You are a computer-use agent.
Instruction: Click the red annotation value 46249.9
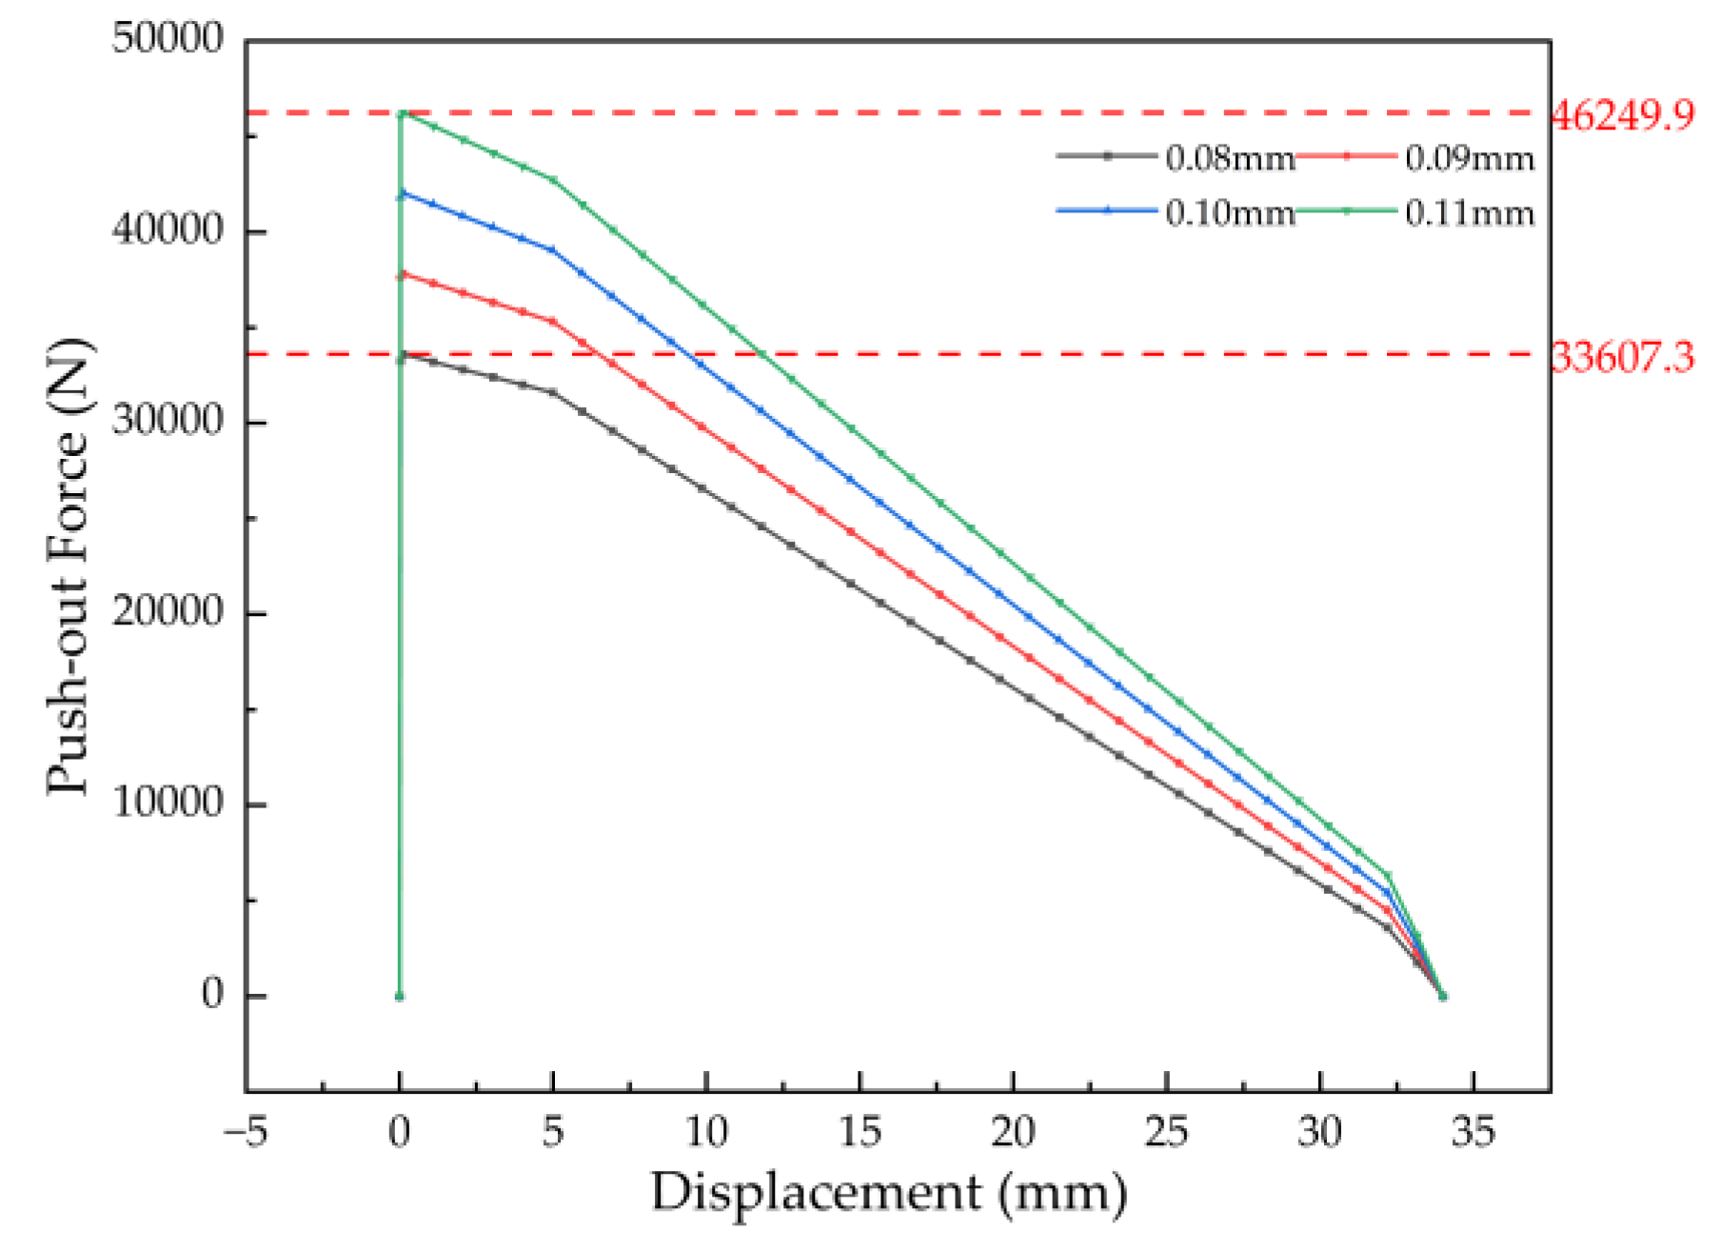[x=1622, y=115]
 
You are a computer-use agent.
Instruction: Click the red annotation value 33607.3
[x=1622, y=358]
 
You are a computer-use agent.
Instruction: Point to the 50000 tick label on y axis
[x=168, y=39]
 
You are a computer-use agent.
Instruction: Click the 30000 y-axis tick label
[x=168, y=421]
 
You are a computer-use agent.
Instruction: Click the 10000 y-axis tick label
[x=168, y=803]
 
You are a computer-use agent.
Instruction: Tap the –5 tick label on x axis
[x=246, y=1132]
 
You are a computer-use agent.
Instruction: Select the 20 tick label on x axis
[x=1013, y=1132]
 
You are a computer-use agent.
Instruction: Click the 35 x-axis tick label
[x=1473, y=1132]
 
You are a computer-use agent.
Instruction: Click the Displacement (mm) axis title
[x=889, y=1193]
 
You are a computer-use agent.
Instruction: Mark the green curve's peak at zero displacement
[x=402, y=113]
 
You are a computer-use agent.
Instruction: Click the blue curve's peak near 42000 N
[x=402, y=193]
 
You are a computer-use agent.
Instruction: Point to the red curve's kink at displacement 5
[x=553, y=322]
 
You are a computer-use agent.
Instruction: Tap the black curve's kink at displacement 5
[x=553, y=392]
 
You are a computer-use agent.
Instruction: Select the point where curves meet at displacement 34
[x=1442, y=996]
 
